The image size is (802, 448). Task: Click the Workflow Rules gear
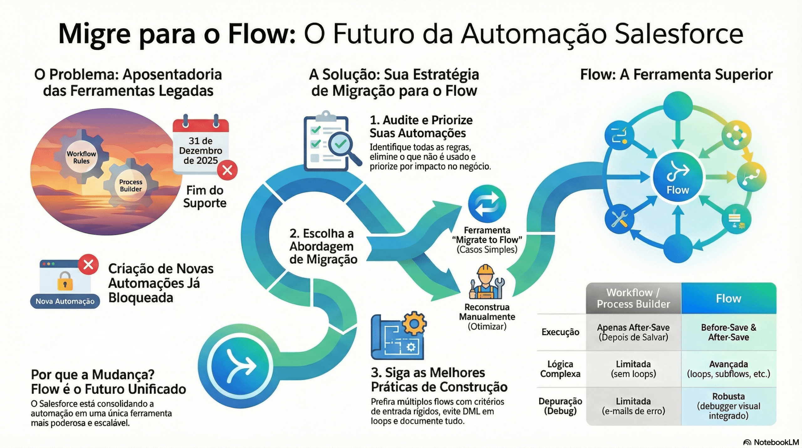[x=81, y=157]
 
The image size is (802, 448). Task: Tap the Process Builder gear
[x=130, y=185]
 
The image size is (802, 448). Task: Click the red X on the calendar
[x=227, y=170]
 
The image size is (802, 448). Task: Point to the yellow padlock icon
[x=65, y=281]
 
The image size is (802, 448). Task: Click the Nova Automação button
[x=65, y=301]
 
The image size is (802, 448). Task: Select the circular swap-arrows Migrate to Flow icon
[x=487, y=204]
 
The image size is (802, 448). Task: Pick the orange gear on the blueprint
[x=414, y=324]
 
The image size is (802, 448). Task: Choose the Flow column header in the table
[x=728, y=298]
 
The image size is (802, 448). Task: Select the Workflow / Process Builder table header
[x=633, y=298]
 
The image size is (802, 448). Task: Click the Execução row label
[x=560, y=332]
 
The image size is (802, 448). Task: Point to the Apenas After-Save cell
[x=633, y=332]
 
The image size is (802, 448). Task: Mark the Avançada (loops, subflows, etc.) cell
[x=728, y=369]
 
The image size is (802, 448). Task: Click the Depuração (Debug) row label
[x=560, y=406]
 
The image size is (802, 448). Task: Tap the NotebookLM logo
[x=771, y=442]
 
